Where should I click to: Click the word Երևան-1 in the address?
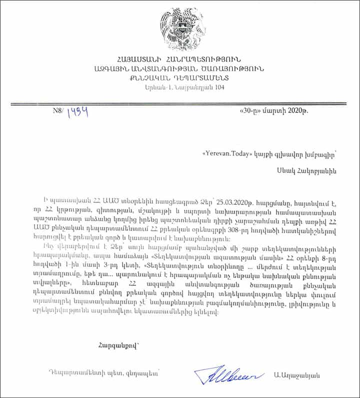tap(153, 87)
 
